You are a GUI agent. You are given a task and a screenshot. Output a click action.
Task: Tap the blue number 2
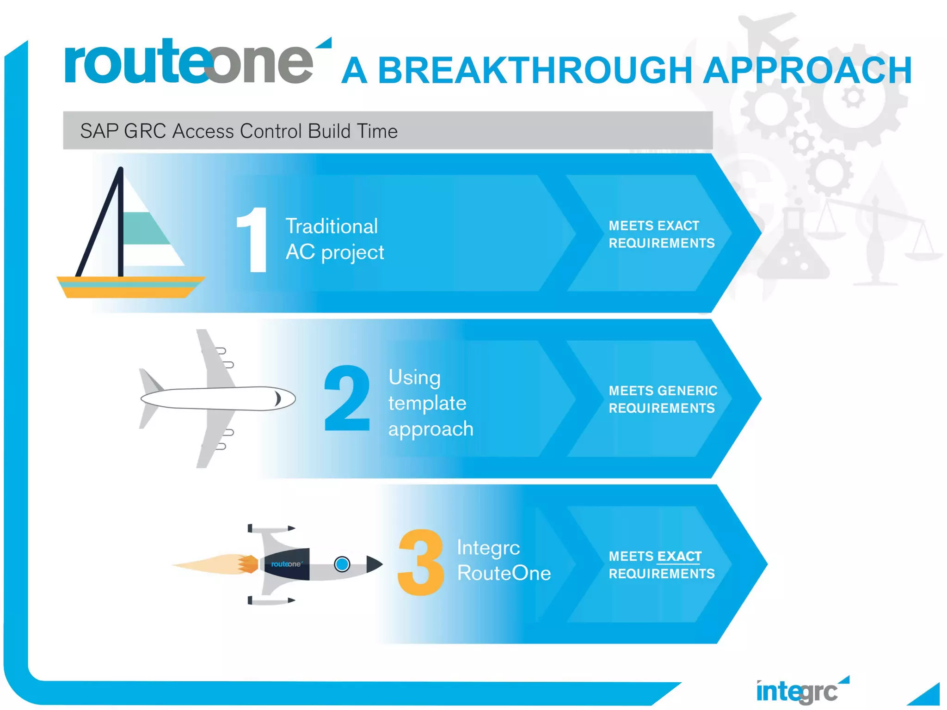click(x=347, y=398)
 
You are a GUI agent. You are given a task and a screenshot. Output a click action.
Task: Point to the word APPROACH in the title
click(x=807, y=70)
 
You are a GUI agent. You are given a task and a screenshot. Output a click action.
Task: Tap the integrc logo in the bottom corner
click(x=798, y=692)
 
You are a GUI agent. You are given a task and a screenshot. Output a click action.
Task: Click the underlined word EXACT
click(x=679, y=556)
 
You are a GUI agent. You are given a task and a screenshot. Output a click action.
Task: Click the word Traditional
click(x=332, y=226)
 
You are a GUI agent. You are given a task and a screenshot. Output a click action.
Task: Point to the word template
click(x=427, y=403)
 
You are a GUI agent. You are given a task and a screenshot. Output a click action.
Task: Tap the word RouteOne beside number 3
click(x=504, y=573)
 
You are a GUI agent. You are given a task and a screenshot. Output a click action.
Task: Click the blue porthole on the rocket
click(x=342, y=564)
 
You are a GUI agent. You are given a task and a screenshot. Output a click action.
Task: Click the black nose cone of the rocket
click(x=374, y=564)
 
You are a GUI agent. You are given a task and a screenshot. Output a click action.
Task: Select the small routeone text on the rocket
click(x=286, y=564)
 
